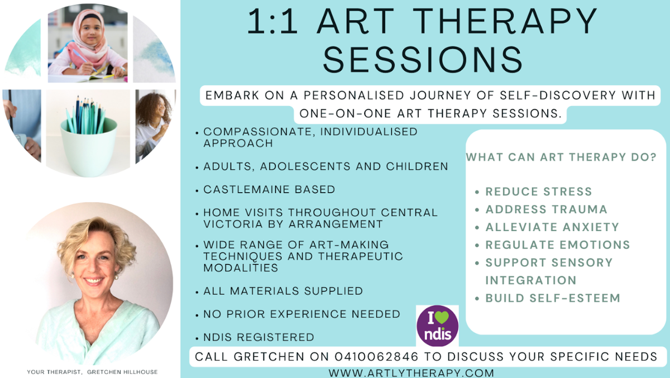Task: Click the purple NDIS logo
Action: click(437, 326)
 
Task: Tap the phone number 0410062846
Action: click(376, 356)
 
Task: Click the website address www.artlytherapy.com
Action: click(411, 373)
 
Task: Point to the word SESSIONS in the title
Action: click(423, 59)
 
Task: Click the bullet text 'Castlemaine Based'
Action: click(269, 189)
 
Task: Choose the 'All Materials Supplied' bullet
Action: click(283, 291)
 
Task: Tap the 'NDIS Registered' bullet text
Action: click(259, 337)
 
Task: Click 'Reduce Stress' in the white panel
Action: click(539, 192)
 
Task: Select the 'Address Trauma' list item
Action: click(546, 209)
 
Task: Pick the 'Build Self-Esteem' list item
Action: click(553, 298)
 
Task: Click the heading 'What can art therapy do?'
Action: click(561, 157)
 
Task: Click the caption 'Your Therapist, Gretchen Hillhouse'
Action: click(92, 372)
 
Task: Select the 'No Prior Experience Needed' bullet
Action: click(301, 314)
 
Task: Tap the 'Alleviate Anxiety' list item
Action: click(552, 227)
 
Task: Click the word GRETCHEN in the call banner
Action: click(269, 356)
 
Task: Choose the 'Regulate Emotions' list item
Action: click(558, 245)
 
